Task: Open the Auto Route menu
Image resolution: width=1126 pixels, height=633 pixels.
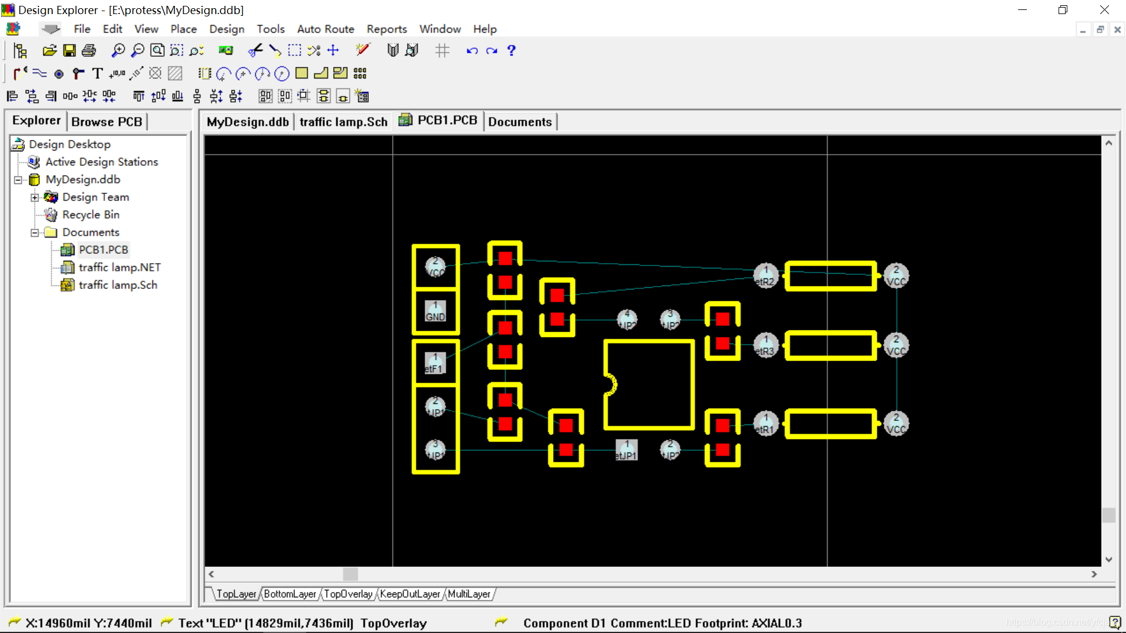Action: coord(325,29)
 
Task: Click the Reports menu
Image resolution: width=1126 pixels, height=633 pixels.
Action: coord(386,29)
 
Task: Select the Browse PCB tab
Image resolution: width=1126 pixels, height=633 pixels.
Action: coord(107,122)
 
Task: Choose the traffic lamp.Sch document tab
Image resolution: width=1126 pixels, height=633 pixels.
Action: coord(343,122)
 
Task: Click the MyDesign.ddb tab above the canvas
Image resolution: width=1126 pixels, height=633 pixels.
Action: coord(247,122)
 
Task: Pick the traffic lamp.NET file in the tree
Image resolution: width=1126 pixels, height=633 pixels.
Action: coord(119,267)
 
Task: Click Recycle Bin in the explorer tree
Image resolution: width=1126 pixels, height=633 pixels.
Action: coord(90,215)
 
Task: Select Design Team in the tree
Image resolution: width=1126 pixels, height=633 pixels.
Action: coord(96,197)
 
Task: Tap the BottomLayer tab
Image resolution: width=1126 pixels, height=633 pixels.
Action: coord(290,594)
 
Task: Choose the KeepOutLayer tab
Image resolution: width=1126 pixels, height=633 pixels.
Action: coord(409,594)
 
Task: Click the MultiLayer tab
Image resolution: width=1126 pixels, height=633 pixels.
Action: coord(469,594)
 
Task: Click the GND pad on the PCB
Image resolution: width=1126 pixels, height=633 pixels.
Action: coord(435,311)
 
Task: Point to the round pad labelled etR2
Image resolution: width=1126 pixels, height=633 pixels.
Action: coord(765,275)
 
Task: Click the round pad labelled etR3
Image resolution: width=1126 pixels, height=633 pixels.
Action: coord(765,345)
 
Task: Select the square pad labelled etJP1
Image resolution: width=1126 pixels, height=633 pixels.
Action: coord(626,450)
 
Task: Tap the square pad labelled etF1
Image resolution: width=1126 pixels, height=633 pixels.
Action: coord(435,363)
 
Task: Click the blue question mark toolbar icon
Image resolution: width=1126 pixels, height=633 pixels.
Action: coord(511,50)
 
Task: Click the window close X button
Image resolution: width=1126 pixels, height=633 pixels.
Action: coord(1104,10)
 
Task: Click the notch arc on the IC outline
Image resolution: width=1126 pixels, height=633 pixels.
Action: coord(611,384)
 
